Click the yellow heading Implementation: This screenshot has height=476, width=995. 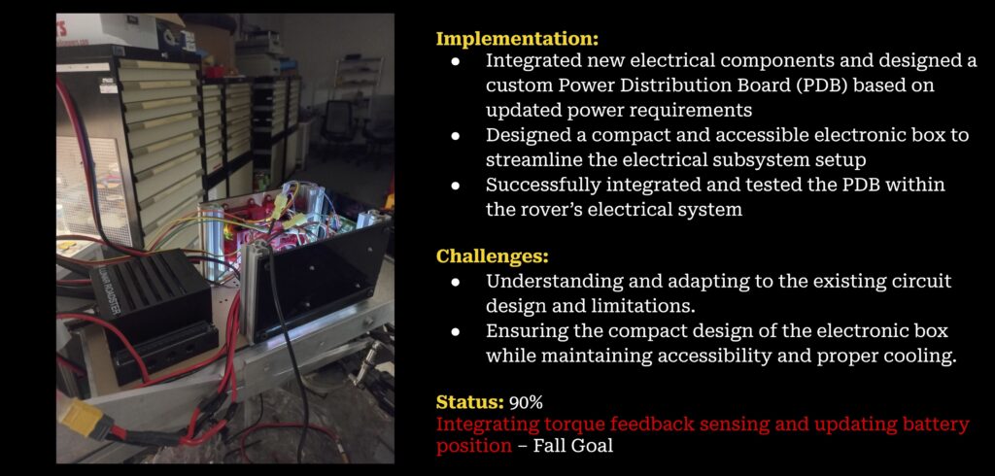tap(517, 39)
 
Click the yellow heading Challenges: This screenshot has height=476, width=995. tap(492, 257)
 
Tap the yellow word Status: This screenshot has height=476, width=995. tap(470, 402)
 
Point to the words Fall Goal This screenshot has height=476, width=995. tap(573, 446)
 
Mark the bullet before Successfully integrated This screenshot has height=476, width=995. tap(455, 186)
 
